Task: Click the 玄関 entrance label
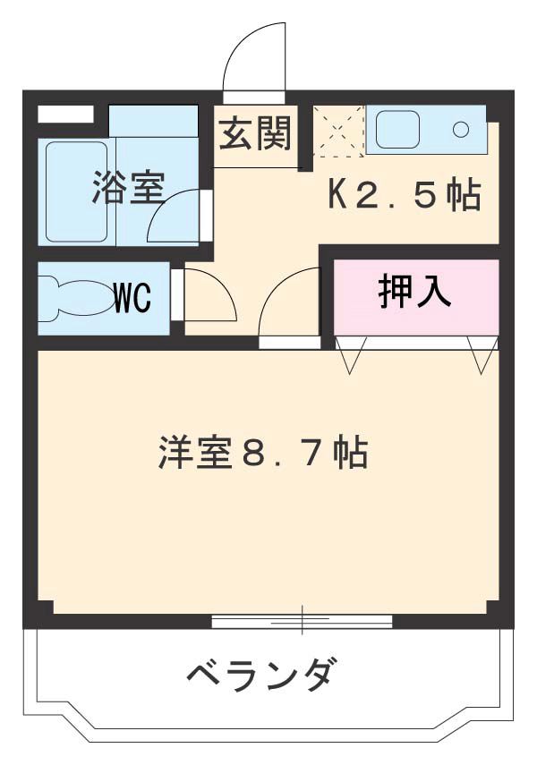[256, 136]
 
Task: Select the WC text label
[132, 299]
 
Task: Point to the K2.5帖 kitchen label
[404, 194]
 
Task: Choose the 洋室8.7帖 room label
[263, 453]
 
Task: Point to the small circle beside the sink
[461, 130]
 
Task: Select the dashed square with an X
[338, 131]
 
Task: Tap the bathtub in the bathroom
[76, 192]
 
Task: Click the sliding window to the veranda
[302, 620]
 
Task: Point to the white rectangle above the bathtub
[66, 115]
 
